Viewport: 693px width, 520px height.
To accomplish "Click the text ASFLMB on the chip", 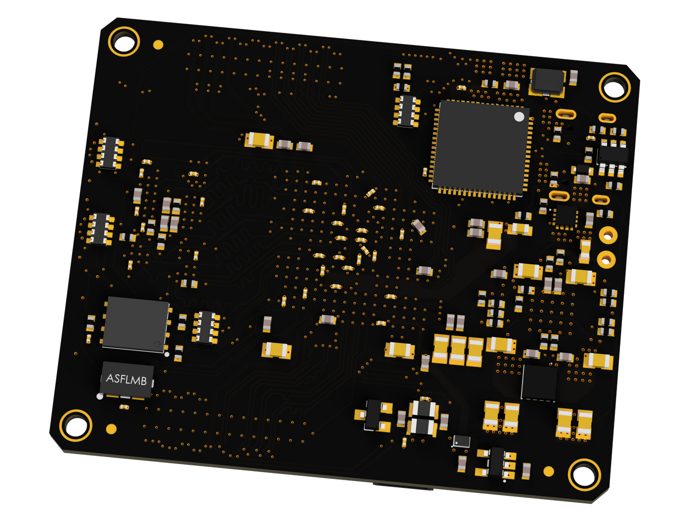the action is pos(126,379).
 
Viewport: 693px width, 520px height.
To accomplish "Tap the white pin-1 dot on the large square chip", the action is pos(519,117).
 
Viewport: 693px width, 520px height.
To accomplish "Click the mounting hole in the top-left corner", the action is pos(124,41).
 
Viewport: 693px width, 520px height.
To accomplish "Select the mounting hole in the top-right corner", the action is pos(615,87).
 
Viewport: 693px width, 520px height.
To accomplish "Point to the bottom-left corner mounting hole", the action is pos(76,426).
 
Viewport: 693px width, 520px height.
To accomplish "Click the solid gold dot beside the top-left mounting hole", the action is pos(158,45).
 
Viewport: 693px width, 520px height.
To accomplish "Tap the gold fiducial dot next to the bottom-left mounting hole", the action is pos(111,429).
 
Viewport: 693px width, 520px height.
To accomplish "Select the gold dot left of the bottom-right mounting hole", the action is pos(549,472).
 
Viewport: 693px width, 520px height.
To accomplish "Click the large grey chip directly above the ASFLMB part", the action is pos(136,324).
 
